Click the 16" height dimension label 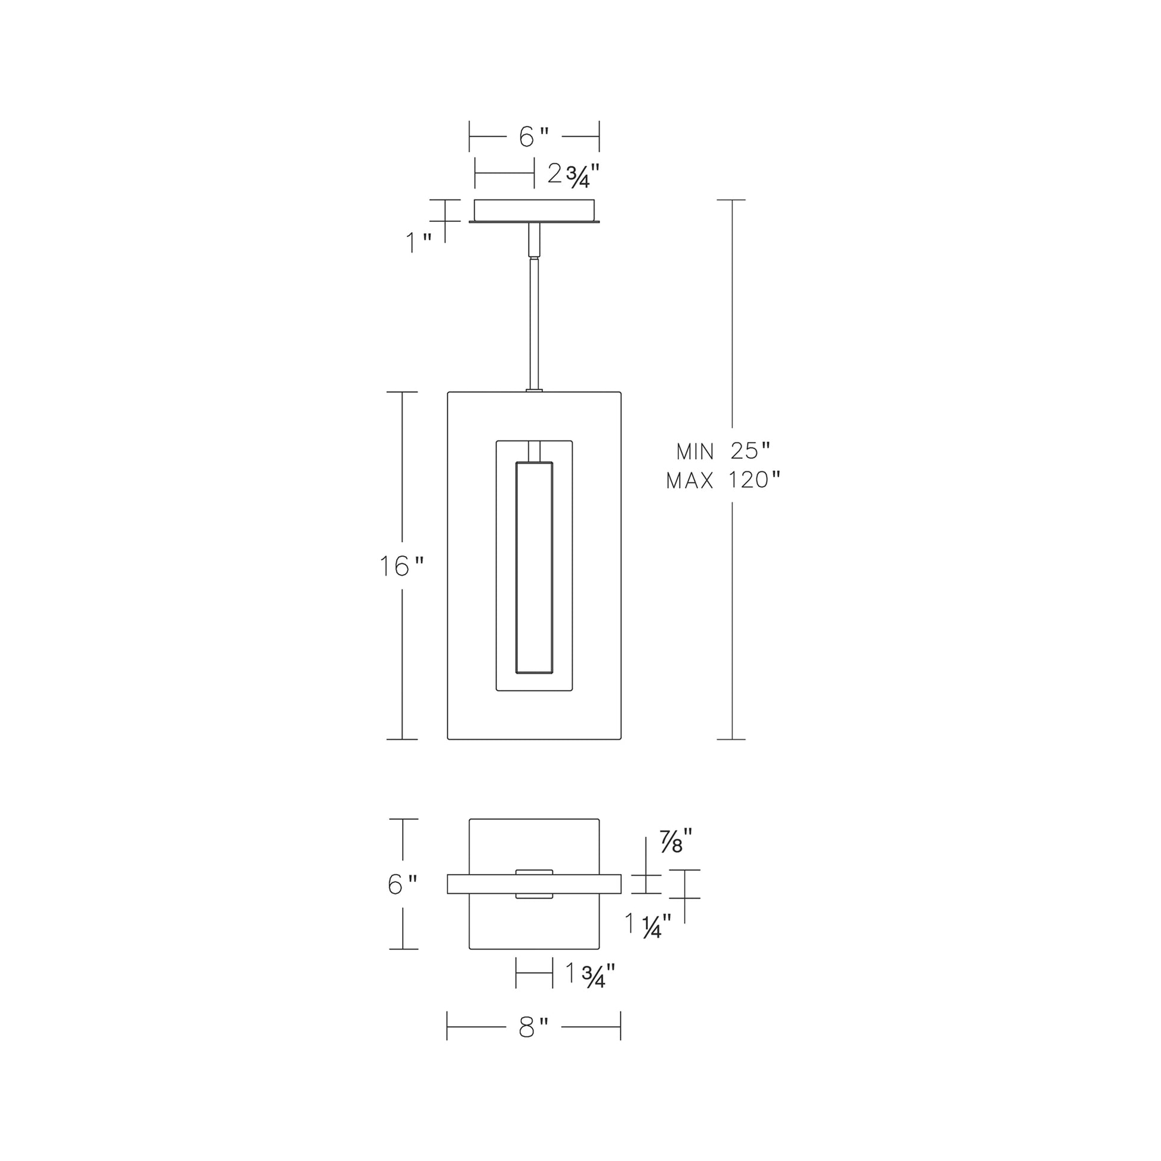[402, 566]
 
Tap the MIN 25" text [723, 450]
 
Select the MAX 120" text [723, 480]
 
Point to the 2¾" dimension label [574, 175]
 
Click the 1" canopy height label [419, 243]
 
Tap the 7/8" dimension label [676, 841]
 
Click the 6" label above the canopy [534, 137]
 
